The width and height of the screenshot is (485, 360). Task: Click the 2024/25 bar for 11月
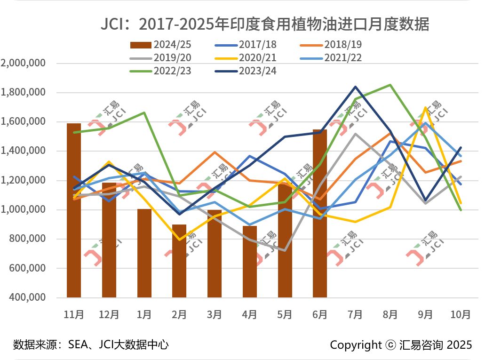click(74, 210)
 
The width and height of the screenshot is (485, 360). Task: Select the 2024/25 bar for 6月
click(320, 213)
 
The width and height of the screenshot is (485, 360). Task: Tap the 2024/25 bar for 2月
click(179, 261)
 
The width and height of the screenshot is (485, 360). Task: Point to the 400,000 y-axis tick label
click(27, 297)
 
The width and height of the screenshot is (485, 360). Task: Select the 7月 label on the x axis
click(355, 314)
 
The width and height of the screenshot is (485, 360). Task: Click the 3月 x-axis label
click(215, 314)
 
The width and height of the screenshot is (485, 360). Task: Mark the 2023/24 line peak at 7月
click(355, 87)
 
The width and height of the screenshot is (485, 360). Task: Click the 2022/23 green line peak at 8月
click(390, 85)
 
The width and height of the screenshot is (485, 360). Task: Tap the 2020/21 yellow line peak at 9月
click(425, 108)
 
